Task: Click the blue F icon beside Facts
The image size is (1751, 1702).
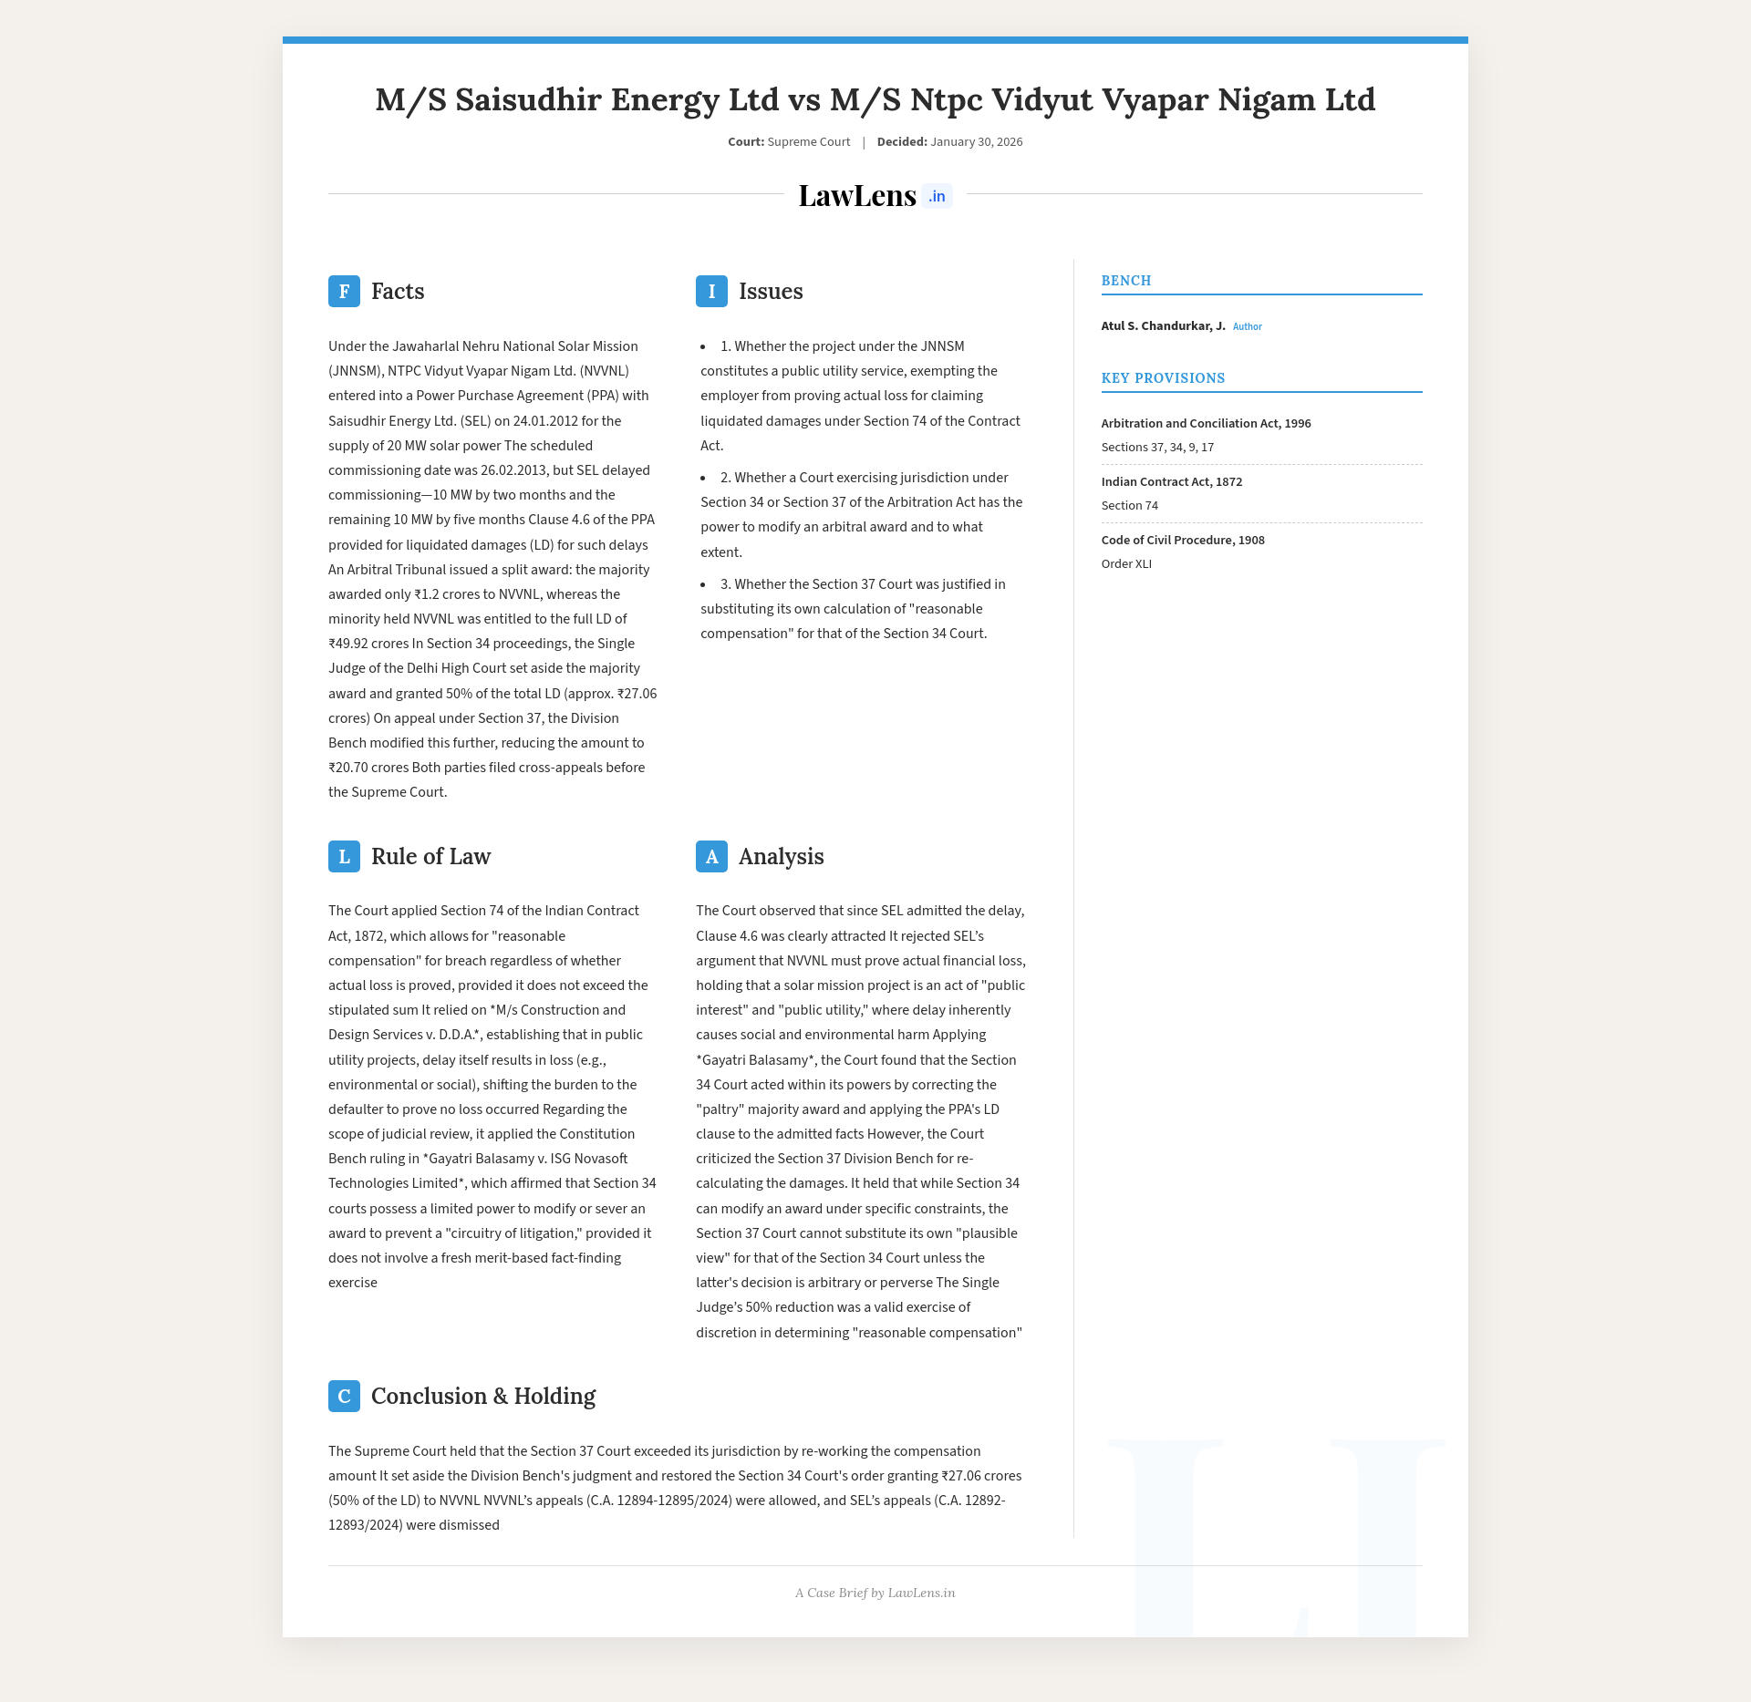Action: (x=344, y=292)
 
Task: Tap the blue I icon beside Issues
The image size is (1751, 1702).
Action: (x=711, y=292)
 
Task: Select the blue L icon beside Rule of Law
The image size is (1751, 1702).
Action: (x=344, y=857)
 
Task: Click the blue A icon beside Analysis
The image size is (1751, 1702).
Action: (x=711, y=857)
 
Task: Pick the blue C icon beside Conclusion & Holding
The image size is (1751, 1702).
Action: (x=344, y=1397)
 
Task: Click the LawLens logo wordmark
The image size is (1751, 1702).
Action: (x=856, y=196)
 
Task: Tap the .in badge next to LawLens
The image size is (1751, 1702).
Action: (x=937, y=197)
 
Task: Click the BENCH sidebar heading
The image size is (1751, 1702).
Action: (x=1126, y=281)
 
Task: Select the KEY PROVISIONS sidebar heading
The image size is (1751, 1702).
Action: (x=1163, y=378)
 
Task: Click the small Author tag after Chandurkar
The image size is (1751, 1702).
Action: (x=1247, y=326)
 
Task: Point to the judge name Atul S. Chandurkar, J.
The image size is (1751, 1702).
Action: (x=1163, y=326)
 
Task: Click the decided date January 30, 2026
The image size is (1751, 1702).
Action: (x=976, y=142)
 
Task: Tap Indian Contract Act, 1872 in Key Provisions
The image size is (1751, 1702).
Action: (x=1171, y=482)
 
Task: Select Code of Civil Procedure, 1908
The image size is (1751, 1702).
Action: (x=1182, y=541)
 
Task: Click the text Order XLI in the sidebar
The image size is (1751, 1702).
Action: (x=1126, y=564)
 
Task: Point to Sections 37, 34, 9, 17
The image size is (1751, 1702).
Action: (x=1156, y=448)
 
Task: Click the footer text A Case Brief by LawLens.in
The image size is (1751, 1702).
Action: (x=875, y=1593)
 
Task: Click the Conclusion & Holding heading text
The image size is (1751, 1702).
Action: (x=482, y=1397)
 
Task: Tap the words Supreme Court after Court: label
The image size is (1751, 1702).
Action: (x=808, y=142)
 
